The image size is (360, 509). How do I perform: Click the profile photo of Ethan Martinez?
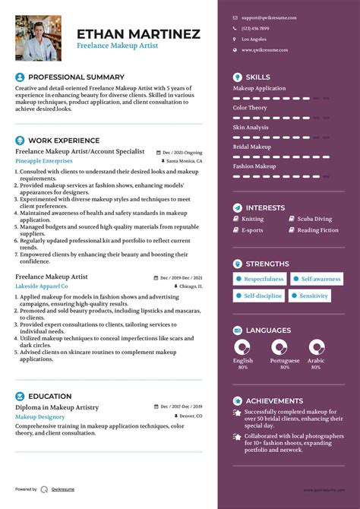[x=38, y=38]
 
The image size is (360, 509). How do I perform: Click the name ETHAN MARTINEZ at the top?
[x=138, y=33]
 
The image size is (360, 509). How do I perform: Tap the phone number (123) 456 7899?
[x=257, y=28]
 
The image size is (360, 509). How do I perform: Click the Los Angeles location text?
[x=254, y=39]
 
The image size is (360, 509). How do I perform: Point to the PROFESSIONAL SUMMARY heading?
[x=76, y=77]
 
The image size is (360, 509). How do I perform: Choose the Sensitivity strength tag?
[x=313, y=296]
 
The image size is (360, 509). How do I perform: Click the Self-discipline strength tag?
[x=261, y=296]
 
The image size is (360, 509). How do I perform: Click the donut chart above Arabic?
[x=316, y=348]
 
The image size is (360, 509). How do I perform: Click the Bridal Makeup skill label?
[x=251, y=147]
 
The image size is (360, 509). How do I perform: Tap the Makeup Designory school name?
[x=40, y=417]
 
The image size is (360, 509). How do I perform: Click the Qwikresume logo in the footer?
[x=45, y=490]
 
